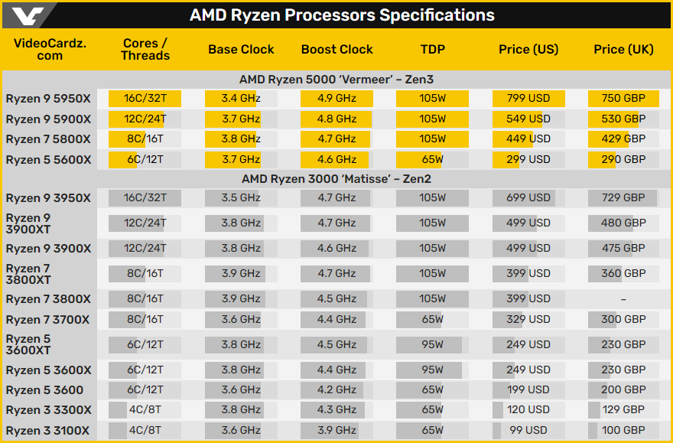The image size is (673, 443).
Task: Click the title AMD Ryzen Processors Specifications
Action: pos(342,15)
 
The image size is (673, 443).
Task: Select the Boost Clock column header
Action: pos(336,49)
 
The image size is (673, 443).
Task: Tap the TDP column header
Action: pos(432,49)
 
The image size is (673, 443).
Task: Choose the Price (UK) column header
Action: pos(623,49)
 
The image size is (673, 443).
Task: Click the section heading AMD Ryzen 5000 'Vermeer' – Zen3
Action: pos(336,80)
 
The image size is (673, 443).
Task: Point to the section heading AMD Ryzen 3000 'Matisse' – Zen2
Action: pos(336,179)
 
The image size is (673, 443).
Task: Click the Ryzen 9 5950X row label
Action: pos(48,99)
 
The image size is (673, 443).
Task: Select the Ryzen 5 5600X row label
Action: pos(48,160)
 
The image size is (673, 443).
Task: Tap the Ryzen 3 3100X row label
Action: pos(48,431)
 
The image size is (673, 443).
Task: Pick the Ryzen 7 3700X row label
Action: pos(48,320)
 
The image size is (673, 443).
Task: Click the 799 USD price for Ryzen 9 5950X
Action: pos(528,98)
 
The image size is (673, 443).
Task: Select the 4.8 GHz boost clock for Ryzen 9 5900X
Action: pos(336,119)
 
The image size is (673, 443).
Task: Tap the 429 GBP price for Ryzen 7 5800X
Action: pos(623,138)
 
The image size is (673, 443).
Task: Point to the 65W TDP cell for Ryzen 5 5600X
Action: pos(432,159)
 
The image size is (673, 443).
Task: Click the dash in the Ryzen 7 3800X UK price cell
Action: pos(623,299)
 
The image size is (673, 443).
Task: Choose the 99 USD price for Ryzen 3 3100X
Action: pos(528,430)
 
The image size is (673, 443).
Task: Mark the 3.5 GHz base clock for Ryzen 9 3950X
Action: pos(241,197)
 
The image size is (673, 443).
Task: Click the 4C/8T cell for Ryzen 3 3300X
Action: pos(145,409)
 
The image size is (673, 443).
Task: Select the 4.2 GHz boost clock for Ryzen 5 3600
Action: pos(336,389)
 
